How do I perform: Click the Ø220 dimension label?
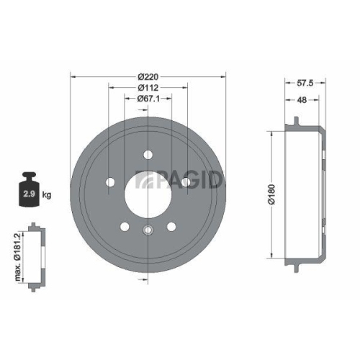(x=148, y=76)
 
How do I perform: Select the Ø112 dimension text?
(x=148, y=89)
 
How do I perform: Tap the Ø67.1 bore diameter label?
(x=148, y=101)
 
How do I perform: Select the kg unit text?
(x=47, y=195)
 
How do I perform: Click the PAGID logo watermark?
(x=181, y=180)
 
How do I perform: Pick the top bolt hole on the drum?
(x=148, y=153)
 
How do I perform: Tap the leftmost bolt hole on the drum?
(x=109, y=181)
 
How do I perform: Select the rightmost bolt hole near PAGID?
(x=186, y=181)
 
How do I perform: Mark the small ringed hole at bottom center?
(x=148, y=230)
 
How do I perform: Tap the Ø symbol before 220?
(x=140, y=76)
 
